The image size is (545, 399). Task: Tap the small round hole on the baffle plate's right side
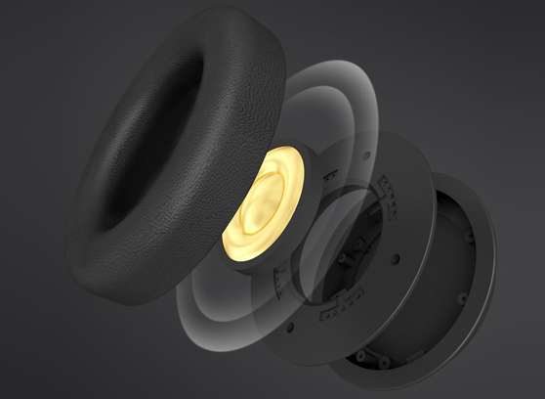point(396,258)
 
